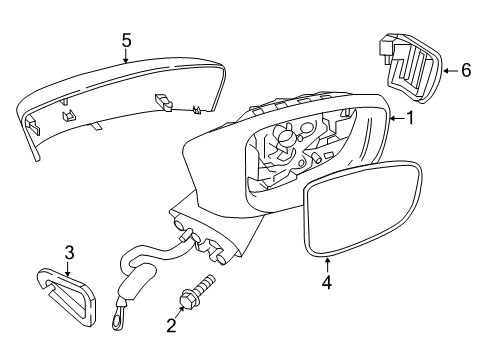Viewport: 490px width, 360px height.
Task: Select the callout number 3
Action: [69, 251]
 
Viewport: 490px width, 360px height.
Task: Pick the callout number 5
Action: [126, 40]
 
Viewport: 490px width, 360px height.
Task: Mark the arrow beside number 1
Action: [395, 120]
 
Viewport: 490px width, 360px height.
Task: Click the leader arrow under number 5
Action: [126, 57]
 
